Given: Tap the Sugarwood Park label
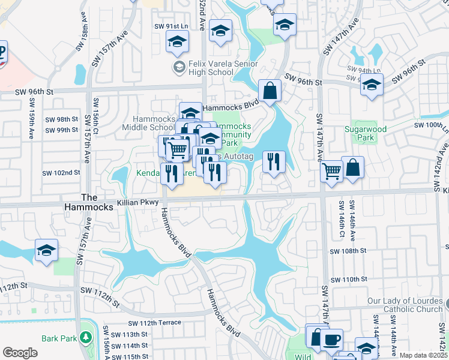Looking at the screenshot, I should [360, 133].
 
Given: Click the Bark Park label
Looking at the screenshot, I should [59, 338].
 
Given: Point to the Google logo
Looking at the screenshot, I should [20, 353].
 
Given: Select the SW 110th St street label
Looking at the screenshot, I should [347, 280].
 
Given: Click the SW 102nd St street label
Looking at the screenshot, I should [61, 173].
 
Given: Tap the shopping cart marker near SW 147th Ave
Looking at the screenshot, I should [332, 171].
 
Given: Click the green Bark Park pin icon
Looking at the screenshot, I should [86, 338].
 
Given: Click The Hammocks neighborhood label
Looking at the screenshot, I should [89, 202].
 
